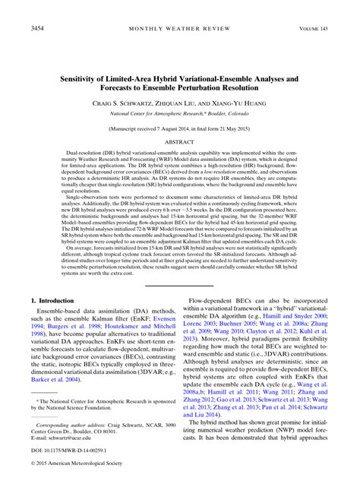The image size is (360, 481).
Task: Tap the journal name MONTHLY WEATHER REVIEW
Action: click(x=179, y=30)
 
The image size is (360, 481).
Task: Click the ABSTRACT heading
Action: click(x=179, y=141)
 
